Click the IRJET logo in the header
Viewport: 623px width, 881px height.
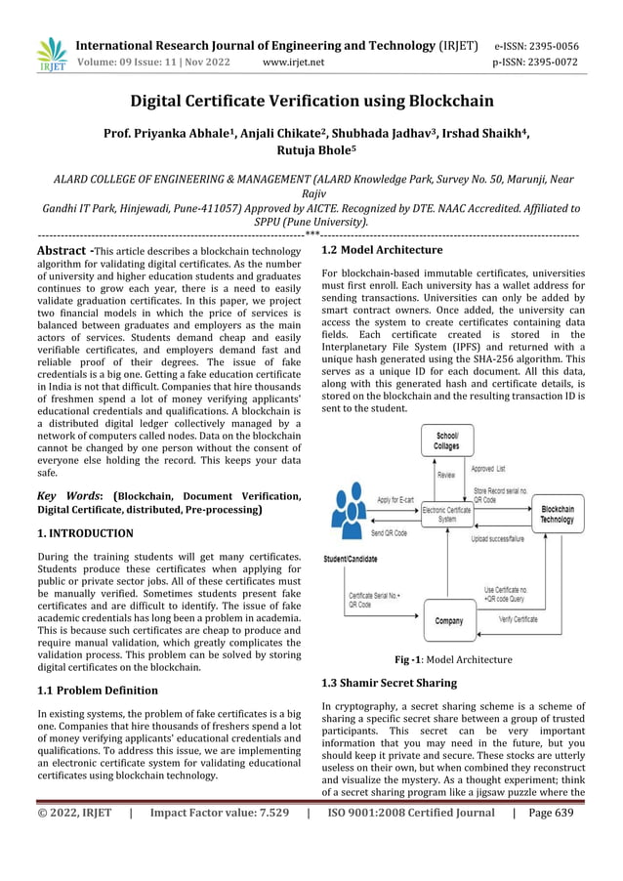point(51,54)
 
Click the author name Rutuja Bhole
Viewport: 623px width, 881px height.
point(311,150)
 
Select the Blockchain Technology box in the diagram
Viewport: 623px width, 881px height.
point(557,514)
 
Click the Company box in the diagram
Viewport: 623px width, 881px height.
point(449,619)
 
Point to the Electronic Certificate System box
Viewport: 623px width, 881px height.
point(447,514)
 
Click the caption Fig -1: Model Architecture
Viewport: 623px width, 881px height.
point(452,659)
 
